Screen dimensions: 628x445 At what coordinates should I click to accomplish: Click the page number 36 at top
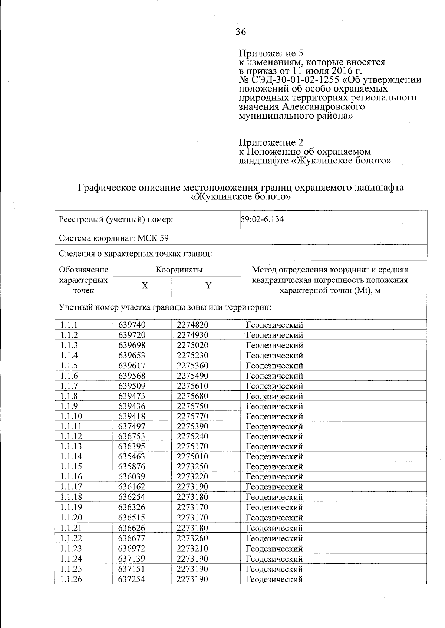[241, 32]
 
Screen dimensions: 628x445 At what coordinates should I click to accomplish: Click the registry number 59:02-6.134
[262, 219]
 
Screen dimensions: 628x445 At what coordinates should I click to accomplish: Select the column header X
[145, 286]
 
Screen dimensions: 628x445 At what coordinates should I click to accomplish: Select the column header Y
[209, 286]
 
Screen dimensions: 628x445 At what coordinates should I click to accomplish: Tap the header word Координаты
[179, 270]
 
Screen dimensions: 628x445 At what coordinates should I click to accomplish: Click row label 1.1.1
[69, 325]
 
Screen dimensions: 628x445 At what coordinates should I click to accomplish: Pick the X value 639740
[132, 325]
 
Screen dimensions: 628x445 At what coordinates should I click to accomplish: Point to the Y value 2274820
[192, 325]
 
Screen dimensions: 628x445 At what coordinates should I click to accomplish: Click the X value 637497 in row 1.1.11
[132, 426]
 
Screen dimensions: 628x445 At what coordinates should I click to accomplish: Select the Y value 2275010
[192, 456]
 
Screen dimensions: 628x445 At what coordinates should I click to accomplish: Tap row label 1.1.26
[71, 579]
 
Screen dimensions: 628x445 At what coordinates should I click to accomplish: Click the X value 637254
[132, 579]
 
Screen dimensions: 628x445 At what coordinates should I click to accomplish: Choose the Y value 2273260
[192, 538]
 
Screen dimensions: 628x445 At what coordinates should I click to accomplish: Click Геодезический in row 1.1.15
[274, 467]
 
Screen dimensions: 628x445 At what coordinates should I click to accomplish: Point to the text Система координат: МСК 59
[114, 238]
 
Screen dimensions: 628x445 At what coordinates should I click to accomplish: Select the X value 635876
[132, 467]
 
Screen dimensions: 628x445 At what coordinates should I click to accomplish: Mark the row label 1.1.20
[71, 518]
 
